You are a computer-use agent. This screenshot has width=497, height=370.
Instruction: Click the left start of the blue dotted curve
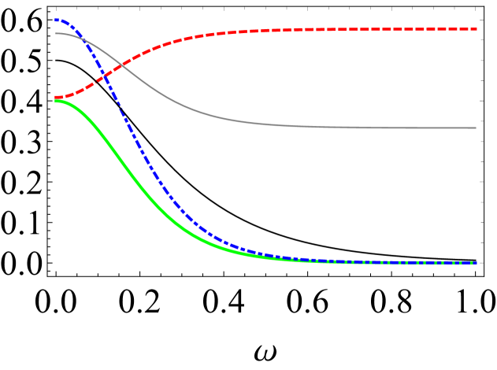57,19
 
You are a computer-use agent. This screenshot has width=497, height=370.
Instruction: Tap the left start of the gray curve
56,33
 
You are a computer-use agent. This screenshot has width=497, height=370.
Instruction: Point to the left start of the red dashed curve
57,98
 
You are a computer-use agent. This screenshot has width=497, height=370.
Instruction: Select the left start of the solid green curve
57,101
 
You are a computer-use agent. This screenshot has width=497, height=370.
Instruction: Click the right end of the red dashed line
476,29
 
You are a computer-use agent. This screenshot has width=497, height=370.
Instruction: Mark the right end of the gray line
476,128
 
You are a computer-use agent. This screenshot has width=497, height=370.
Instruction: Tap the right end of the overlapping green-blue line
476,262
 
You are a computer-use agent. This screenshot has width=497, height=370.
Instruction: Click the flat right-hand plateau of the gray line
394,128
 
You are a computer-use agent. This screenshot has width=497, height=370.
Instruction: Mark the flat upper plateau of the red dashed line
378,29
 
